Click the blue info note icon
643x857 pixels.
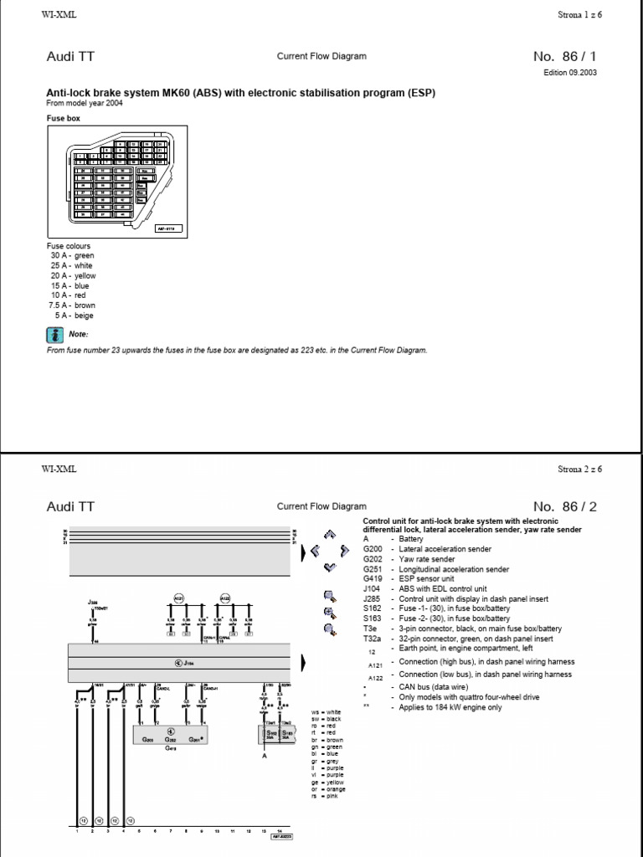(53, 335)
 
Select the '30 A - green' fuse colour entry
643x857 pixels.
(71, 255)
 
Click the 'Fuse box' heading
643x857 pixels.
(62, 119)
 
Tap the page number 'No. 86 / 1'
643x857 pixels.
(565, 57)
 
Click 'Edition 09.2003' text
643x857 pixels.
(570, 72)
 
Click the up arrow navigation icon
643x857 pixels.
(330, 532)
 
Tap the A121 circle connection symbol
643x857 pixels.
(178, 598)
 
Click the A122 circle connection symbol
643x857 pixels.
(224, 598)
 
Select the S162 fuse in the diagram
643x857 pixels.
(271, 733)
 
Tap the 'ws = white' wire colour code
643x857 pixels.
(323, 711)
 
